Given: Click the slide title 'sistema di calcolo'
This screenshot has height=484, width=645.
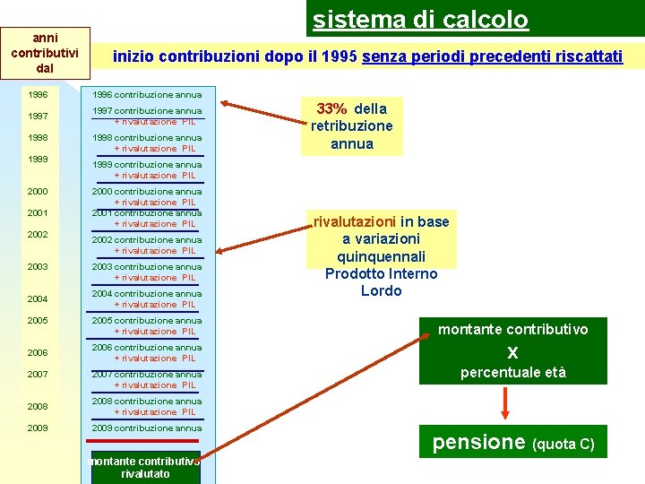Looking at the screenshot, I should click(420, 19).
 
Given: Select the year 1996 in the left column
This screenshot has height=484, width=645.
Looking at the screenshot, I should click(38, 94).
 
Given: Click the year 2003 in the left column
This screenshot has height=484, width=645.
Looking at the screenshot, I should click(38, 266).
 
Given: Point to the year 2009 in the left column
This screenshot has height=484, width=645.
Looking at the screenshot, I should click(38, 428).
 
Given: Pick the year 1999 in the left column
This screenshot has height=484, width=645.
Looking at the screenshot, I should click(38, 159).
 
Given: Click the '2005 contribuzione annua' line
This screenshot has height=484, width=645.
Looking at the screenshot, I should click(147, 320).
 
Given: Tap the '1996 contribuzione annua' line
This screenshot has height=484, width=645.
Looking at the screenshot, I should click(147, 94).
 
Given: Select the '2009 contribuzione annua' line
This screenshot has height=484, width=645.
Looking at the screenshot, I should click(147, 428).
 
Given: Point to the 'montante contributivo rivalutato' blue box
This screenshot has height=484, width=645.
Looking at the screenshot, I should click(145, 467).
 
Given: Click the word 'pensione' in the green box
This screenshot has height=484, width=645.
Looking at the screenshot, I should click(478, 441).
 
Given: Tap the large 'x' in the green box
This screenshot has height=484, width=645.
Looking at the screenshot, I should click(512, 351).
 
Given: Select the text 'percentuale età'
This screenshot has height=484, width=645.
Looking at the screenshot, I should click(512, 372).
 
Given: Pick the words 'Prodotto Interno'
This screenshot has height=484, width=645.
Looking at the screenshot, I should click(381, 273).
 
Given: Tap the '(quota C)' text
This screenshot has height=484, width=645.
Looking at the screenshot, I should click(563, 444).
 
